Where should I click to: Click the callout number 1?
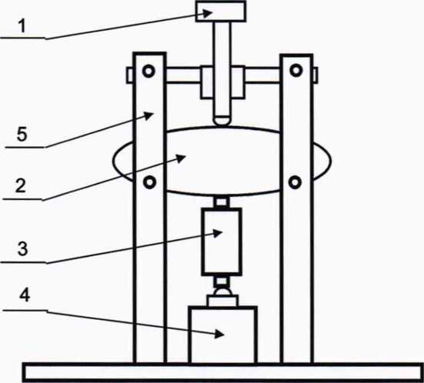22,26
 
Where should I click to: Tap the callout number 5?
22,134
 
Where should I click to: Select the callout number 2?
21,186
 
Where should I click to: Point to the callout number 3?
23,248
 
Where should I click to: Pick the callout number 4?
25,295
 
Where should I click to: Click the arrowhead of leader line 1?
207,13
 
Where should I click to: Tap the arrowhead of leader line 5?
149,115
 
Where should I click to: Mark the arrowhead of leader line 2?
181,158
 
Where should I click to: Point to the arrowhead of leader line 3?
218,233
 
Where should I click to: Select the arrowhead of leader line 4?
219,334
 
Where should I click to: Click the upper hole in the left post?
149,71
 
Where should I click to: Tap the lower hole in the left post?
149,182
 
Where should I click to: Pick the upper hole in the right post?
296,70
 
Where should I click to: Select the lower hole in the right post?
295,182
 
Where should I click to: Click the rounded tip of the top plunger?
222,121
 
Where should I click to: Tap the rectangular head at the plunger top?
221,11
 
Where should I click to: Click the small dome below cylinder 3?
222,292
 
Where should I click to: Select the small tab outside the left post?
130,75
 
